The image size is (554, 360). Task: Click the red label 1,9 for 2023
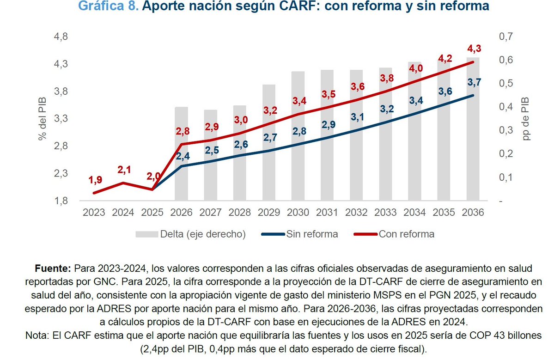click(x=94, y=180)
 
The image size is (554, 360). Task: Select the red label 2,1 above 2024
click(x=123, y=171)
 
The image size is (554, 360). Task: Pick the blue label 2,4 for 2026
click(x=182, y=156)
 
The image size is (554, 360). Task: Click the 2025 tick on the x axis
click(x=152, y=213)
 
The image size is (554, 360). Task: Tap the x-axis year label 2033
click(x=385, y=213)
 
